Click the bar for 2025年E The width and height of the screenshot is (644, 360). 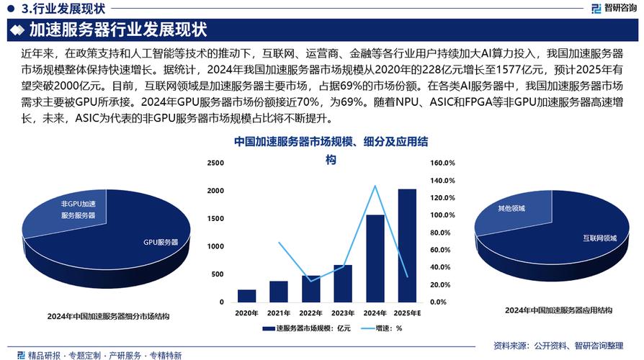406,245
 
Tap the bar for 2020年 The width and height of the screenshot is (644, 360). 246,295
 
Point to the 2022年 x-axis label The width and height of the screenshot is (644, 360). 310,312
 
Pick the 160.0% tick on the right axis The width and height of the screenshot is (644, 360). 443,163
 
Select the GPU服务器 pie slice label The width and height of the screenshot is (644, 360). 160,241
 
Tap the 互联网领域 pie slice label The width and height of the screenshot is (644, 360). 599,238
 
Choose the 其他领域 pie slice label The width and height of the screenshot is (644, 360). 511,208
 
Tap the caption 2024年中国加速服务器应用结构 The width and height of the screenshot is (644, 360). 558,310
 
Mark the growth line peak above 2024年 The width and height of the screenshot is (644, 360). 375,186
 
